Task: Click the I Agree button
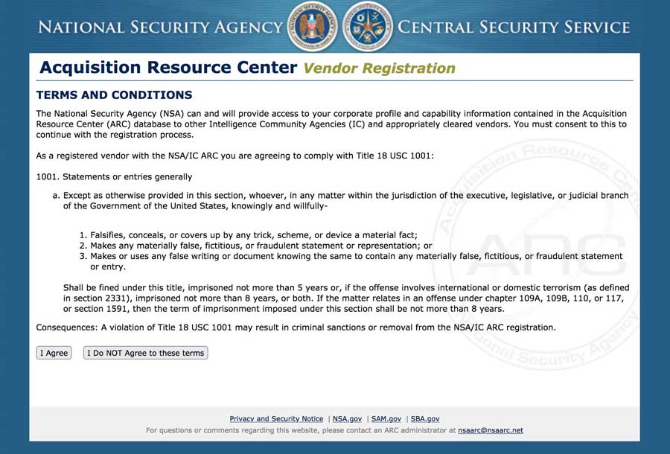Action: coord(54,353)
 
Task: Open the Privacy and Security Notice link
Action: coord(276,419)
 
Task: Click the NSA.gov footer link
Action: coord(347,419)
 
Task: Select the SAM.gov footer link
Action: coord(386,419)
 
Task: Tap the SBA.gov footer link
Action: coord(425,419)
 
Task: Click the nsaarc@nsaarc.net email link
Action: coord(491,430)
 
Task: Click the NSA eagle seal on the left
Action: coord(312,27)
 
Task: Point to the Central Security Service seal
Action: coord(368,27)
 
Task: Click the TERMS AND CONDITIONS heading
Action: coord(114,95)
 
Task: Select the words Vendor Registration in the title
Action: coord(379,68)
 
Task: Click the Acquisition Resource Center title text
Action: coord(168,68)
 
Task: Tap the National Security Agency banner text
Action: coord(160,28)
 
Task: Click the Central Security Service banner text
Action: coord(514,28)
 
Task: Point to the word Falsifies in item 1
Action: coord(109,234)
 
